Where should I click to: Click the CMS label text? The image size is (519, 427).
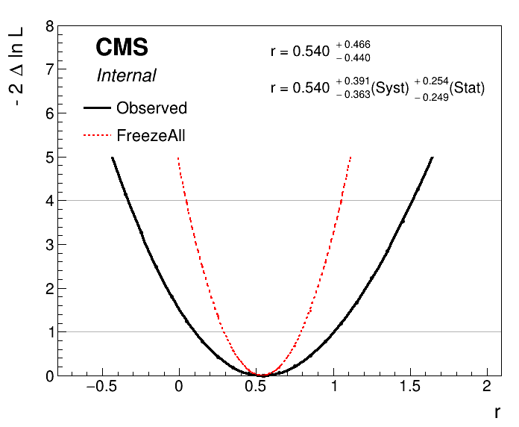tap(122, 48)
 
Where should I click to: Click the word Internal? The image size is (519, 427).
tap(126, 75)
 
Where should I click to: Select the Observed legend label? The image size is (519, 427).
tap(151, 108)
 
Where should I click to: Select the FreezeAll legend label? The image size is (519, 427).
tap(151, 136)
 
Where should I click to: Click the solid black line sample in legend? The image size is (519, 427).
tap(96, 108)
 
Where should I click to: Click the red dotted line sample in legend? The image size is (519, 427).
tap(96, 136)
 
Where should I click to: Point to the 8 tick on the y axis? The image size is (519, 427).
tap(49, 27)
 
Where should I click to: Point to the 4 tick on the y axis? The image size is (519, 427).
tap(49, 201)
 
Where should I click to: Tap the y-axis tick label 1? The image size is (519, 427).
tap(49, 332)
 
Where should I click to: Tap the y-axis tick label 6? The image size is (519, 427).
tap(49, 114)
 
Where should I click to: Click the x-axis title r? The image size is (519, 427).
tap(497, 411)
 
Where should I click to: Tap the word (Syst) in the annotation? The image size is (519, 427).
tap(392, 88)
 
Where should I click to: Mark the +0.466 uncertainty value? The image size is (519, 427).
tap(353, 46)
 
